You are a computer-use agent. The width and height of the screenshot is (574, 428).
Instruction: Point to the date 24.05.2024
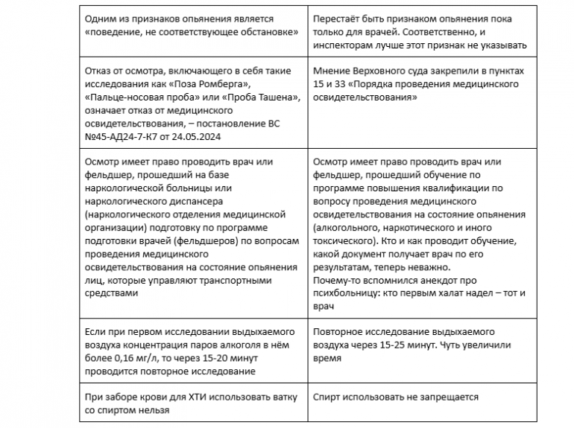210,137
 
